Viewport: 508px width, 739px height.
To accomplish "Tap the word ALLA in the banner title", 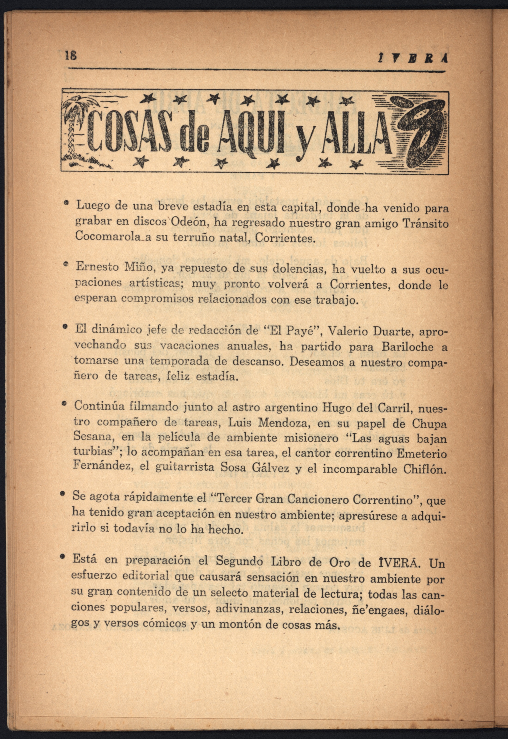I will pyautogui.click(x=353, y=132).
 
